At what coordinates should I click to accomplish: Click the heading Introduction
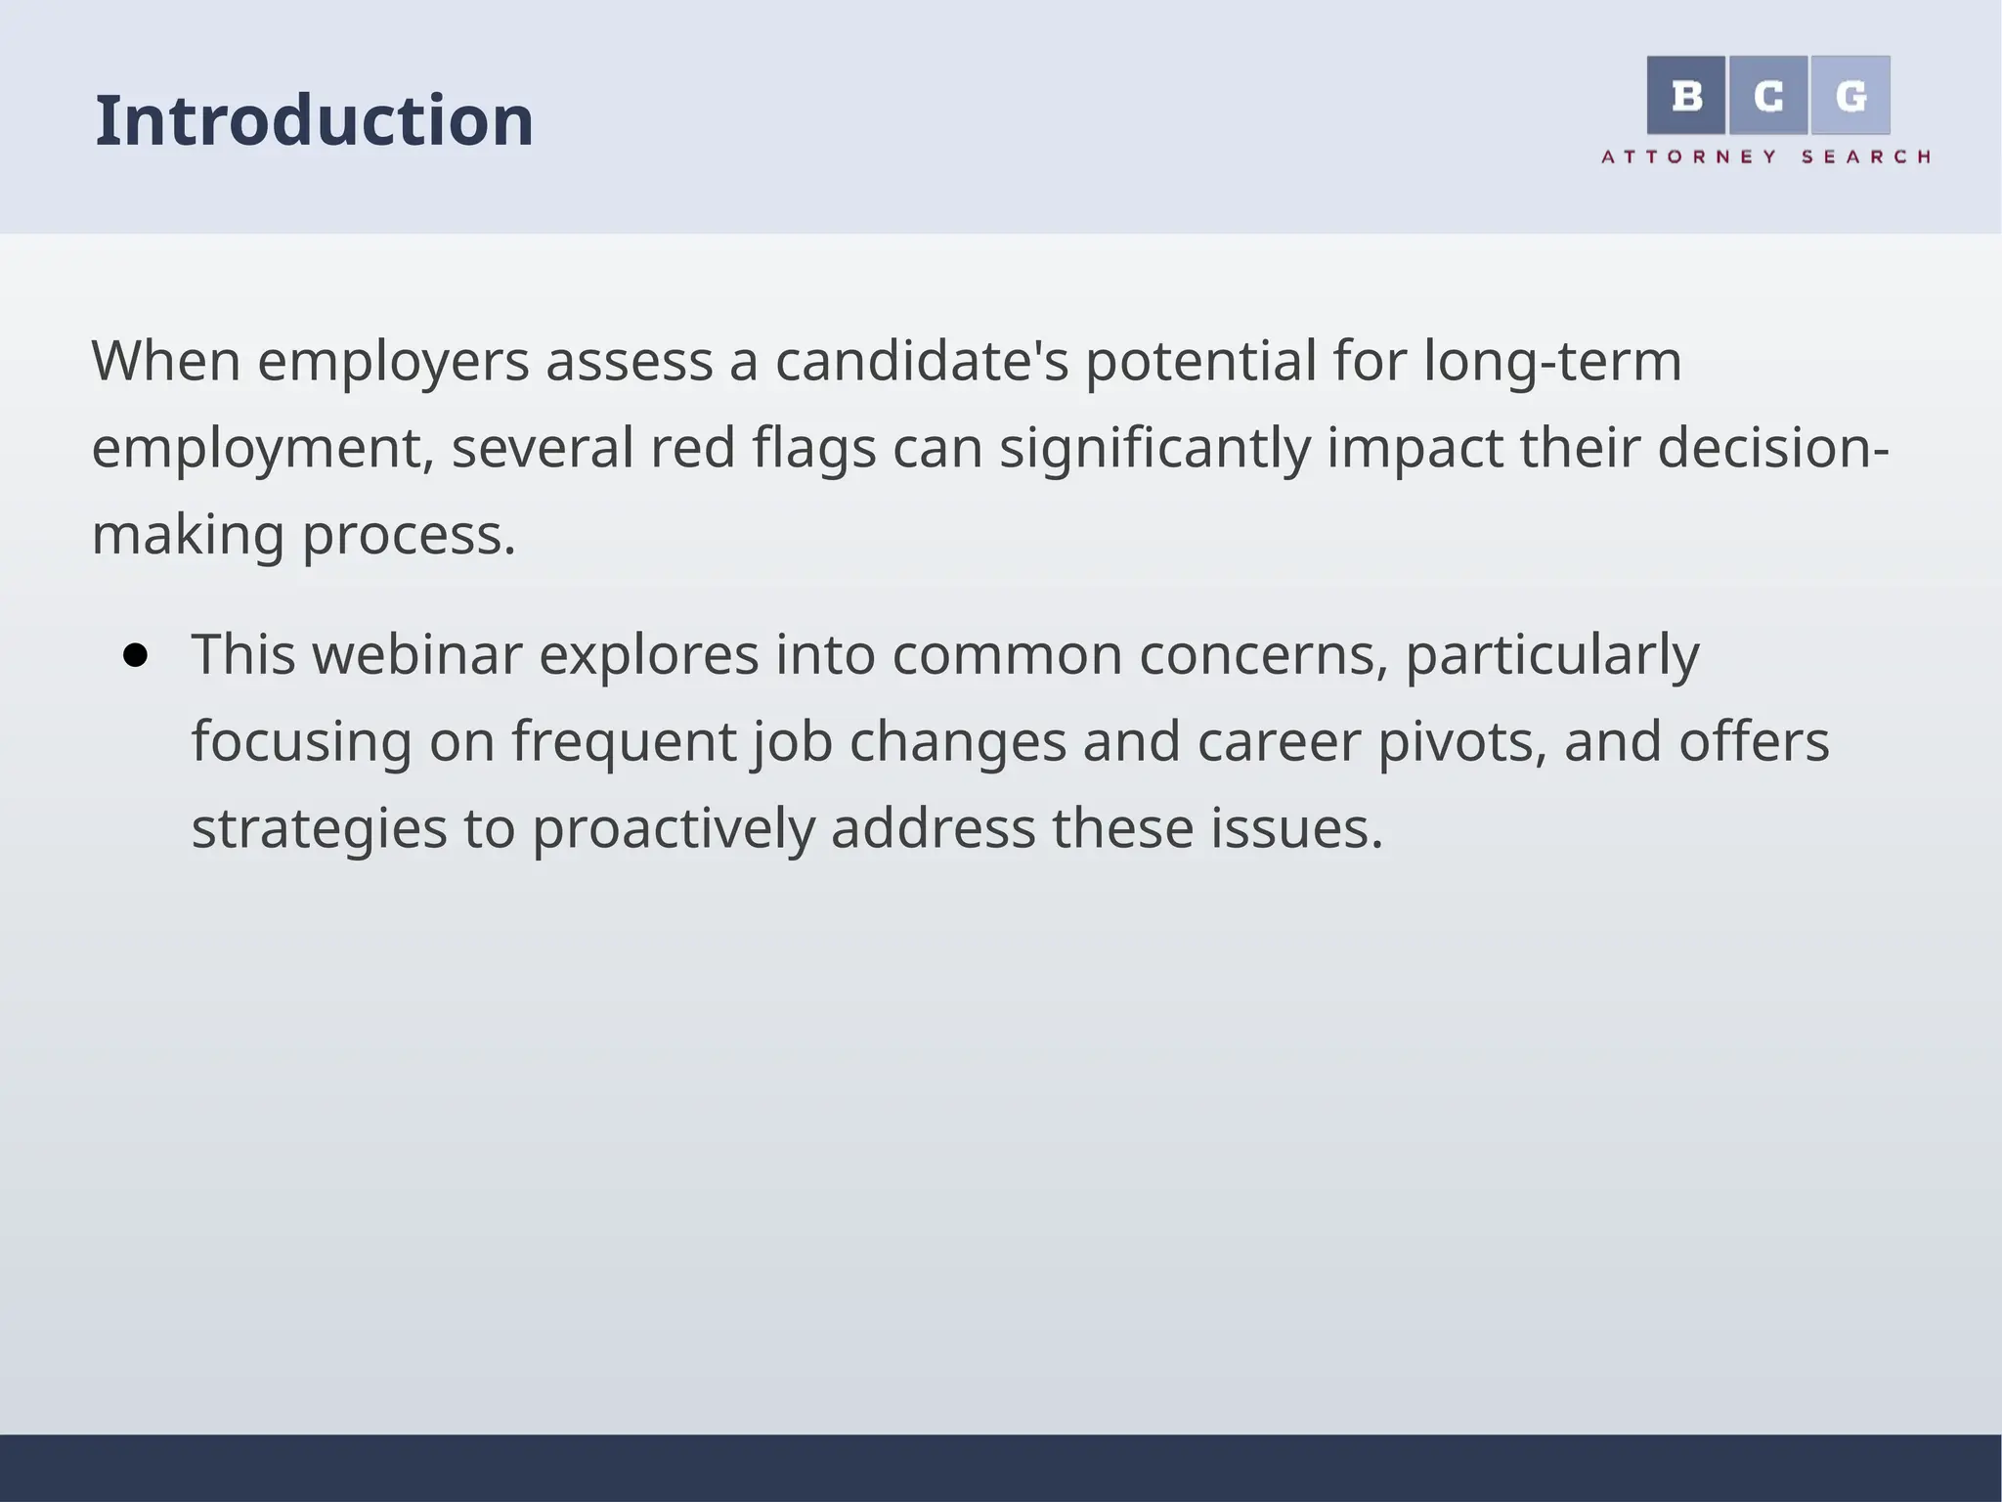(x=314, y=121)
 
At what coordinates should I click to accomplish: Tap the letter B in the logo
(x=1686, y=96)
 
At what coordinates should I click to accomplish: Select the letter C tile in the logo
(x=1767, y=96)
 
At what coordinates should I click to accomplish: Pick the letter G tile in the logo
(x=1850, y=96)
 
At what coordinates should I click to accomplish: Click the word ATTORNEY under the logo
(x=1688, y=156)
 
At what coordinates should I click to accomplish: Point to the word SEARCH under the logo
(x=1865, y=156)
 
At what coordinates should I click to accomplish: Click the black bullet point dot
(x=136, y=655)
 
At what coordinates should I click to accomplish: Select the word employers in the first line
(x=393, y=362)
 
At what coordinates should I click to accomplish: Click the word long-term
(x=1552, y=362)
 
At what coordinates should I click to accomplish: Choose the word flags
(x=813, y=449)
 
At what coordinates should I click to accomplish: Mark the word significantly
(x=1153, y=449)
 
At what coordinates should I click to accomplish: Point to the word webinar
(x=416, y=654)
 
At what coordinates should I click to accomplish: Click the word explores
(x=648, y=655)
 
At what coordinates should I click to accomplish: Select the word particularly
(x=1552, y=655)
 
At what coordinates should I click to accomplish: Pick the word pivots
(x=1461, y=742)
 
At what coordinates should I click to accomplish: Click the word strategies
(x=319, y=829)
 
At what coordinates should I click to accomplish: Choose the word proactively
(x=673, y=829)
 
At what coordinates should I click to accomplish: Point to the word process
(x=409, y=536)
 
